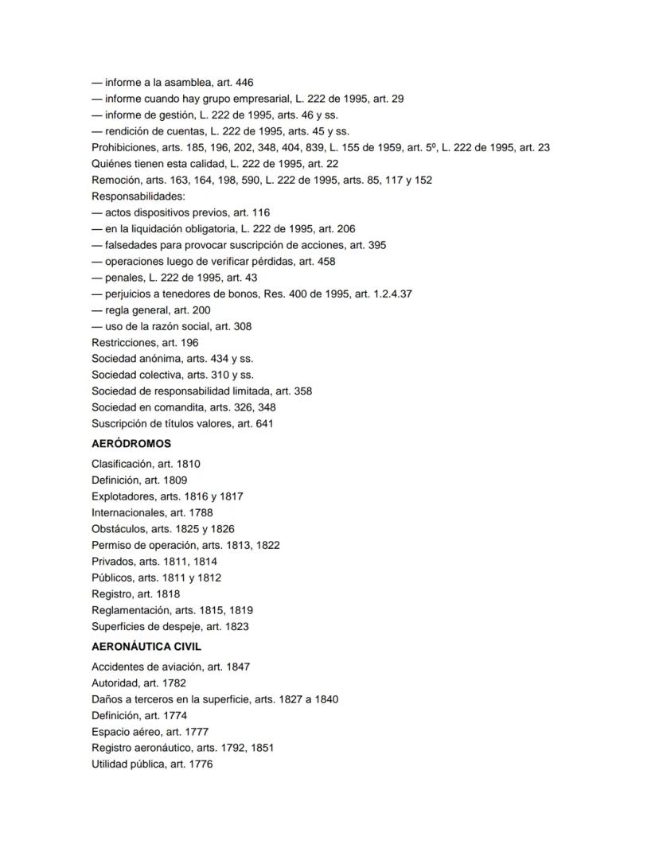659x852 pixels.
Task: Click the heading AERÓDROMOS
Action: coord(131,444)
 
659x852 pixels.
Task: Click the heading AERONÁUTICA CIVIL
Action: coord(146,647)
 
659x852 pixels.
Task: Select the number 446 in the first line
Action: coord(244,83)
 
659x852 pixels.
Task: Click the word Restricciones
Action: coord(122,343)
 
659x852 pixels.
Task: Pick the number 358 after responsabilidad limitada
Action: coord(302,391)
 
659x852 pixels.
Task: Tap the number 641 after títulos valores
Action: coord(263,424)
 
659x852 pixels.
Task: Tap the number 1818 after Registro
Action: coord(169,594)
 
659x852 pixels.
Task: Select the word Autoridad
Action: coord(115,683)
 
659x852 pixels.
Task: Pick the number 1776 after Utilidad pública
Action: coord(201,764)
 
